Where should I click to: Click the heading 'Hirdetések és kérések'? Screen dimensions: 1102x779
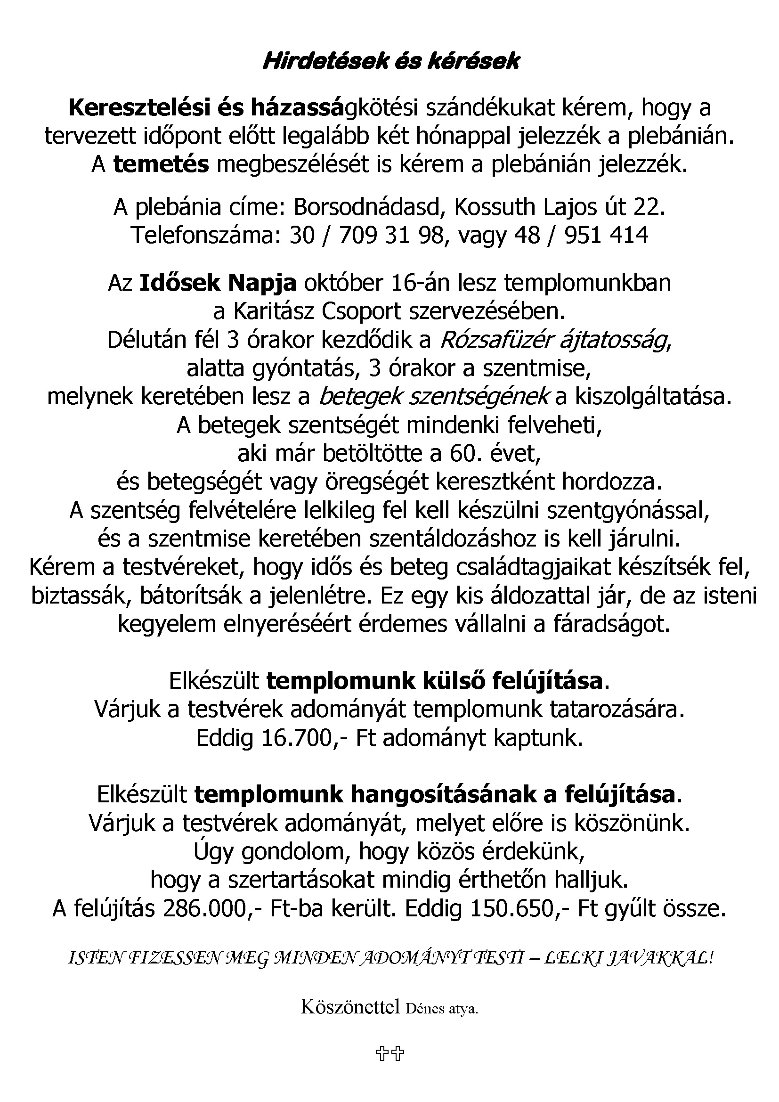391,62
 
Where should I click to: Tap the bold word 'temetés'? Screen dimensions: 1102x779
161,164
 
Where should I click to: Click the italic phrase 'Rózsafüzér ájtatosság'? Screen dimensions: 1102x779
554,340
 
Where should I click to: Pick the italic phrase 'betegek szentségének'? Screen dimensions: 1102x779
434,396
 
